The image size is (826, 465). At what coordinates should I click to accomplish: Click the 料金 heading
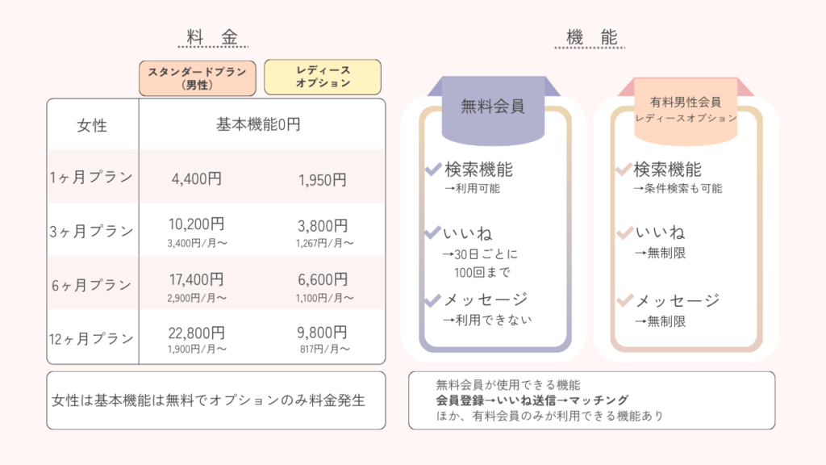(x=213, y=37)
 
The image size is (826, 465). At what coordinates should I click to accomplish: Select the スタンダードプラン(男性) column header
(x=198, y=78)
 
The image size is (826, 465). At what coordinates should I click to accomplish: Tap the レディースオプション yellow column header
(x=323, y=77)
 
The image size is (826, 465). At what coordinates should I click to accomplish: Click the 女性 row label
(x=92, y=125)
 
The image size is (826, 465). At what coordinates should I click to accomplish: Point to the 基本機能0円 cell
(x=258, y=124)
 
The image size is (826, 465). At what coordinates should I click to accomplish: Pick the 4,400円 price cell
(x=197, y=178)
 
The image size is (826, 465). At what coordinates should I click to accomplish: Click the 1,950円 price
(x=323, y=180)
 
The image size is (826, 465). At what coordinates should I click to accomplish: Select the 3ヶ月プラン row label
(x=91, y=231)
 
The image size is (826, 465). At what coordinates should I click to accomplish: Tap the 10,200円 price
(x=197, y=224)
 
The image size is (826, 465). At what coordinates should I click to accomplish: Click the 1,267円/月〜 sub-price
(x=324, y=243)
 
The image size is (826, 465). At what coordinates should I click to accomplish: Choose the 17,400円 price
(x=197, y=279)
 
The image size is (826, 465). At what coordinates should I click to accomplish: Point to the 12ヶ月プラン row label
(x=91, y=338)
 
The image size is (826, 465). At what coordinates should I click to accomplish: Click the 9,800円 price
(x=323, y=333)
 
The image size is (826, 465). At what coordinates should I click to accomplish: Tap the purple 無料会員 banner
(x=493, y=109)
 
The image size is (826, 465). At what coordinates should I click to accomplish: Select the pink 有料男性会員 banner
(x=686, y=110)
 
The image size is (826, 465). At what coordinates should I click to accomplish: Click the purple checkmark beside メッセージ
(x=432, y=300)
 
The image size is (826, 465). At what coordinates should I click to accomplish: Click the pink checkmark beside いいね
(x=624, y=232)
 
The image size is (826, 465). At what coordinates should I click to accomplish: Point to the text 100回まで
(x=482, y=272)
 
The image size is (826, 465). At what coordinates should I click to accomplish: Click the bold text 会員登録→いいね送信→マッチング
(x=532, y=400)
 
